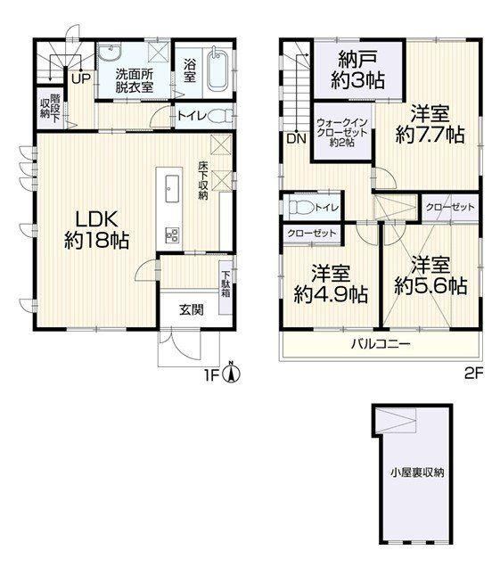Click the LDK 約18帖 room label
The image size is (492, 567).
point(97,230)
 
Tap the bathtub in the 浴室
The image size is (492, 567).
point(217,70)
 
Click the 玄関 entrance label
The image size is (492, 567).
point(192,309)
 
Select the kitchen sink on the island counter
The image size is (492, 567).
point(172,189)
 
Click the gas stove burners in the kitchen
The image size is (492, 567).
point(172,235)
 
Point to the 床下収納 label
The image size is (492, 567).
point(202,181)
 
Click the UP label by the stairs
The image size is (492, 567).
point(81,79)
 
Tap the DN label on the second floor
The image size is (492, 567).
point(297,138)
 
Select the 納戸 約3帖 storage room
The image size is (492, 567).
point(358,70)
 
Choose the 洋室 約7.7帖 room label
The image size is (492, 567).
point(430,125)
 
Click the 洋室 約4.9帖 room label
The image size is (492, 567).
point(331,283)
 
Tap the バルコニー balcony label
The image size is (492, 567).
point(381,343)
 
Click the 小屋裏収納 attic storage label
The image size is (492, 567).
point(417,472)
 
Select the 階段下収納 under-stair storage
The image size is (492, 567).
point(50,107)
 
